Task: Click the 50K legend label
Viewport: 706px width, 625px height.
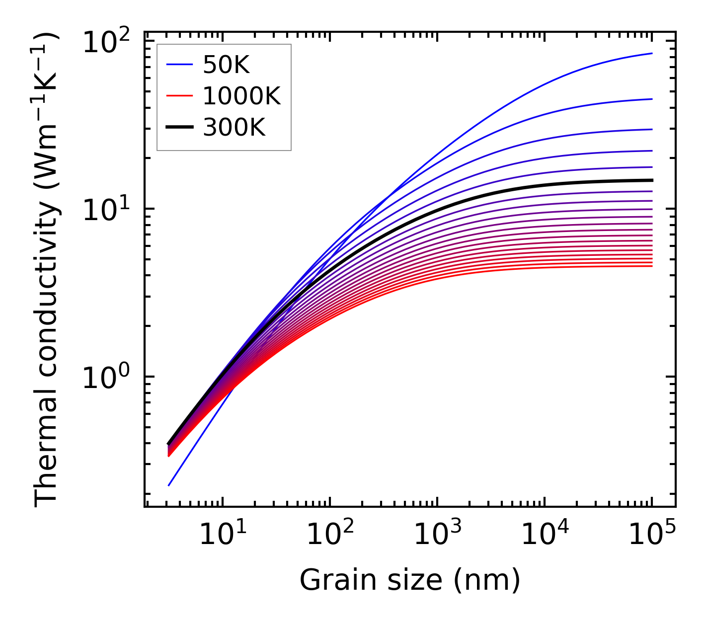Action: (226, 65)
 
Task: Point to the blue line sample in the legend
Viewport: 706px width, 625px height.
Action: (179, 64)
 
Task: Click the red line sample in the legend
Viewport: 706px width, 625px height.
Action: (179, 96)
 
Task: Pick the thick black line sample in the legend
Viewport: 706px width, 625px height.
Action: (179, 128)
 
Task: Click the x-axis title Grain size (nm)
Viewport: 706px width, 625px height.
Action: (410, 580)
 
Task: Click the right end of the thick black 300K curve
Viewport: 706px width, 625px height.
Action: (652, 180)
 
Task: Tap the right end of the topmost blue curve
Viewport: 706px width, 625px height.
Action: (652, 53)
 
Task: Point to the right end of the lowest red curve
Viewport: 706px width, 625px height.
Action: (652, 266)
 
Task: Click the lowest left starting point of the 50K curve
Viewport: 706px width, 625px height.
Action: (169, 485)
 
